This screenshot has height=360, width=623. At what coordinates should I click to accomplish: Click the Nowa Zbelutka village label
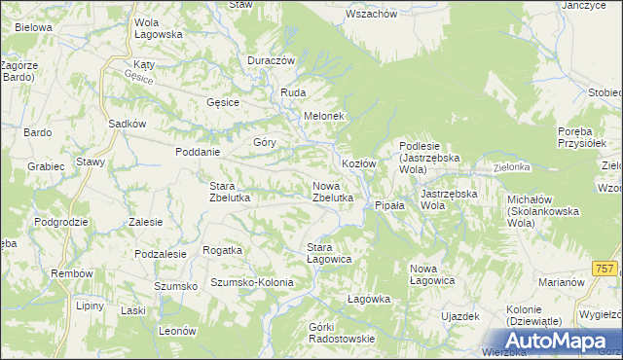click(x=332, y=191)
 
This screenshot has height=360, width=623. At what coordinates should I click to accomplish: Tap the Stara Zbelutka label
click(x=231, y=192)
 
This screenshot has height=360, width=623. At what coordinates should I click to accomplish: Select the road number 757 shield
click(x=604, y=268)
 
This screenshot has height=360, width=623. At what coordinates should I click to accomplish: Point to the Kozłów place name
click(x=358, y=163)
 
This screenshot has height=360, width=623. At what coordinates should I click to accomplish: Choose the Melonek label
click(x=324, y=116)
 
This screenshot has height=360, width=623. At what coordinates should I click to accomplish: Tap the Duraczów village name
click(x=271, y=60)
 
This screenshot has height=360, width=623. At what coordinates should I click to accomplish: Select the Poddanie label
click(x=198, y=152)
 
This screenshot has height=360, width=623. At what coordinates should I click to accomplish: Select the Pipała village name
click(x=389, y=206)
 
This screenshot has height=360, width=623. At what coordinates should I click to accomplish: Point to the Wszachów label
click(x=371, y=15)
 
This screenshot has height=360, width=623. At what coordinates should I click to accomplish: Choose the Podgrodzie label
click(x=60, y=222)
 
